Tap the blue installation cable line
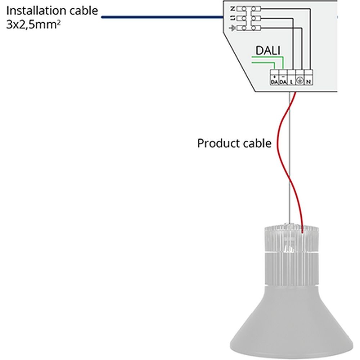162,17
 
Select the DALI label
267,51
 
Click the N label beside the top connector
233,8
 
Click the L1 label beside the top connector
233,18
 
